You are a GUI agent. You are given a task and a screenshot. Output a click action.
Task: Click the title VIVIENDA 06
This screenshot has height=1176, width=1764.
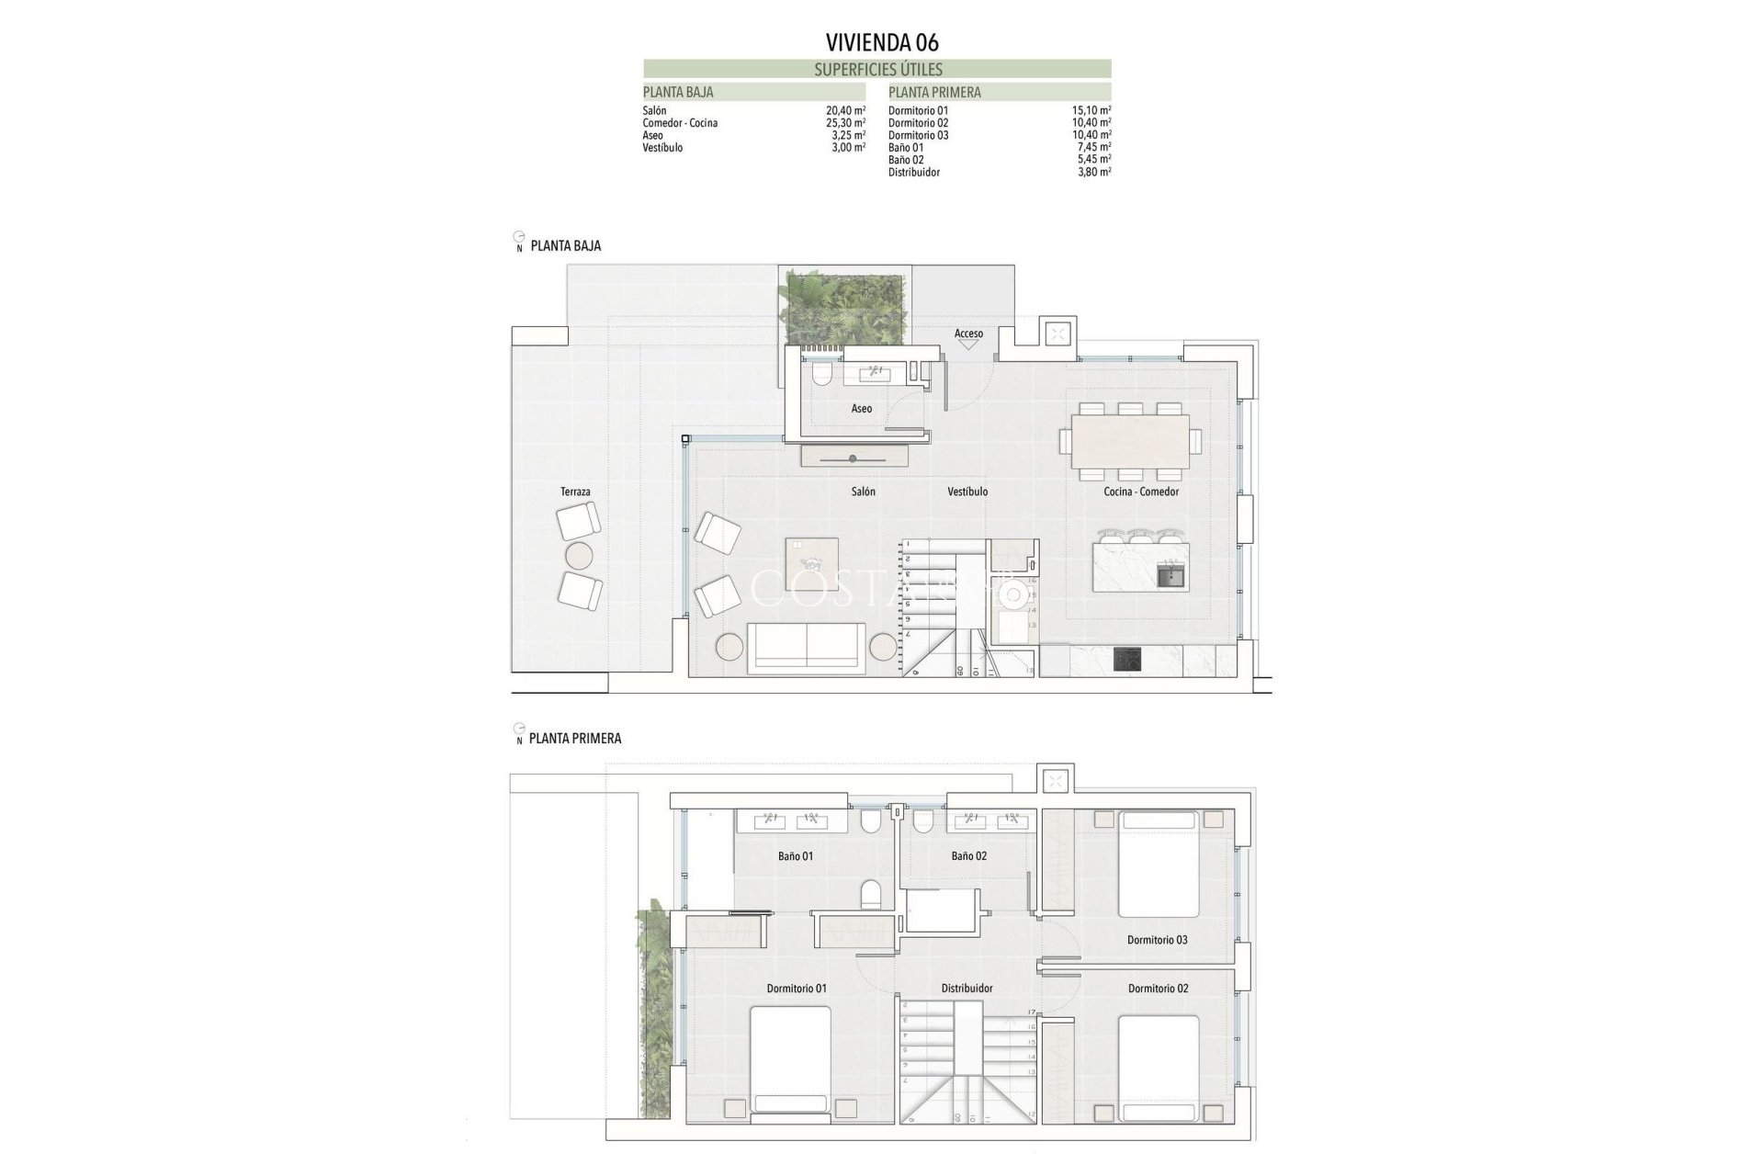coord(881,42)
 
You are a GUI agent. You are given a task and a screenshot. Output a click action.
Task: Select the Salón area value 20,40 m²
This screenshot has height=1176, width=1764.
coord(845,110)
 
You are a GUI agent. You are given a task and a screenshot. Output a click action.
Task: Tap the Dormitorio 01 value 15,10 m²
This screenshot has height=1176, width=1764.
coord(1091,110)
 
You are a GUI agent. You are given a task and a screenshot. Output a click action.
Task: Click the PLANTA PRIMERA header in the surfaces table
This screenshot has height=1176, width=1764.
coord(934,92)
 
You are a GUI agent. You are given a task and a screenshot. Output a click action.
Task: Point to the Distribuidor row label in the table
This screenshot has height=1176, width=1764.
coord(913,172)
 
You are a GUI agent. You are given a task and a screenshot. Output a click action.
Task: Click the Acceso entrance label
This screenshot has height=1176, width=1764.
coord(968,334)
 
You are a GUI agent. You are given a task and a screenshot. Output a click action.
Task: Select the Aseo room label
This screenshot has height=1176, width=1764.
coord(861,408)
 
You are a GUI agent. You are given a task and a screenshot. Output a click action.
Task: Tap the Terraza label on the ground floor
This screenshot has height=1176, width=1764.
coord(575,492)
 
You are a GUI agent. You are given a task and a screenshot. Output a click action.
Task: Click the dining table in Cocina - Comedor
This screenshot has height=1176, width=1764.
coord(1129,442)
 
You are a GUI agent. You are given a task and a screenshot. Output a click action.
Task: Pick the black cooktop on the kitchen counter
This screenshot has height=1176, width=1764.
coord(1127,660)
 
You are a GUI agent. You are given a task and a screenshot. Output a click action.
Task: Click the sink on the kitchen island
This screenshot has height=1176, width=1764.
coord(1170,578)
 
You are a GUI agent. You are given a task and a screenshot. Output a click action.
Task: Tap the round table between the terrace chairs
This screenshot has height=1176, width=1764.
coord(580,555)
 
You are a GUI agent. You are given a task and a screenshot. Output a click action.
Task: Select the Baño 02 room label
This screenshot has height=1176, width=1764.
coord(968,855)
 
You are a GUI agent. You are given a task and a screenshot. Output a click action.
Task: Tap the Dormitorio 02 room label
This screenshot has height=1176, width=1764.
coord(1158,989)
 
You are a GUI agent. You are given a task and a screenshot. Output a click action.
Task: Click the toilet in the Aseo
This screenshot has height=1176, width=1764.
coord(821,373)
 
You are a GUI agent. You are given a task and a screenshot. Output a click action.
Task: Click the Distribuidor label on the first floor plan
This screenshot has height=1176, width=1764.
coord(967,989)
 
